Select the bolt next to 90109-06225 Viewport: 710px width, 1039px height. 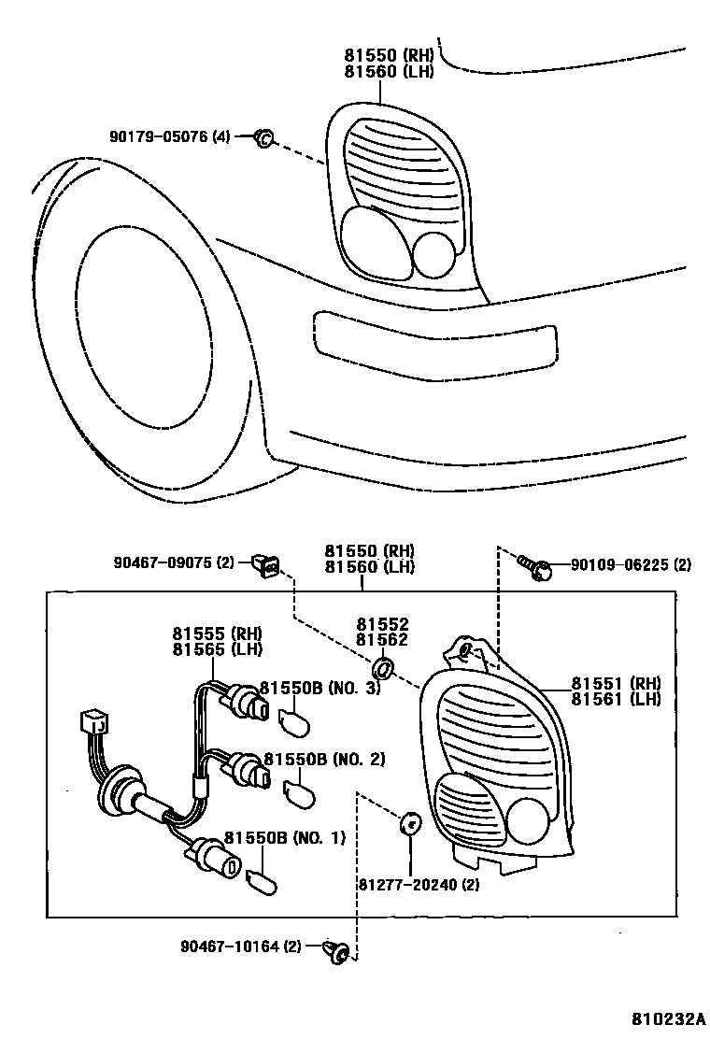pyautogui.click(x=533, y=566)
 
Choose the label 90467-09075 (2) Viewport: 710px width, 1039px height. pyautogui.click(x=175, y=562)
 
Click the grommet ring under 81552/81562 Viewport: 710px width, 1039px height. pyautogui.click(x=382, y=669)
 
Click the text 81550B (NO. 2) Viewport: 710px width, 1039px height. pyautogui.click(x=324, y=759)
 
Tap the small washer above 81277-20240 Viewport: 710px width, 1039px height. pyautogui.click(x=409, y=824)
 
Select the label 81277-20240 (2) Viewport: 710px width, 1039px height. pyautogui.click(x=418, y=884)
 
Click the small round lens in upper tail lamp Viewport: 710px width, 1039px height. pyautogui.click(x=433, y=254)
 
